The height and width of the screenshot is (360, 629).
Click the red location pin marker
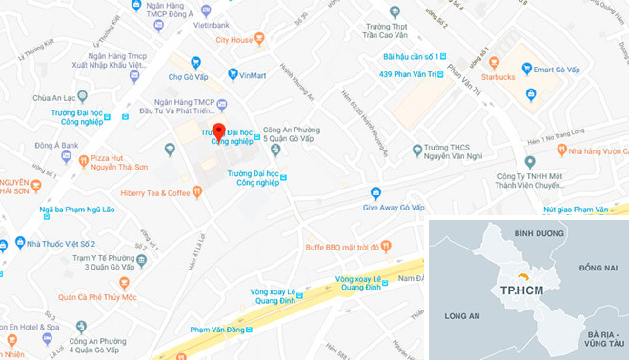tap(218, 132)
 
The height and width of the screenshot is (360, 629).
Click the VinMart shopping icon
tap(233, 74)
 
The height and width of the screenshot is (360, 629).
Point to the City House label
tap(234, 40)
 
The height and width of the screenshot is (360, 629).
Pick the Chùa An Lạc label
tap(54, 97)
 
